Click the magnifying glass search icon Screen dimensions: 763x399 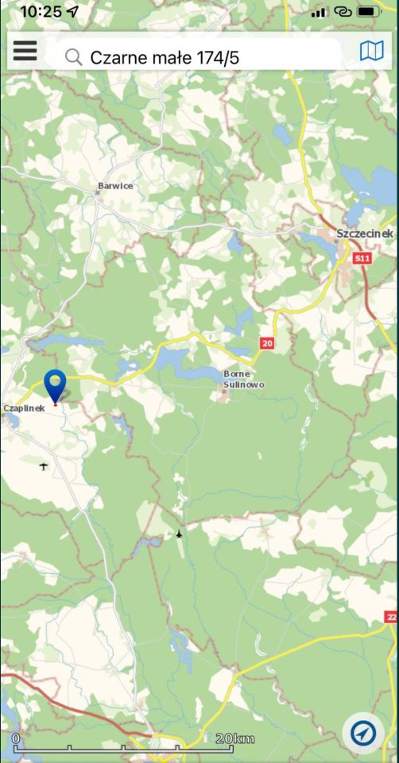tap(73, 57)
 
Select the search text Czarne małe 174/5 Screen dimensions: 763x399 tap(165, 57)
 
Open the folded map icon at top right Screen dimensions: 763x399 tap(371, 52)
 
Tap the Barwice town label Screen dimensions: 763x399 tap(115, 186)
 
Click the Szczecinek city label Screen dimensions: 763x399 tap(365, 234)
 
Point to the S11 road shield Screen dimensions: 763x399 tap(362, 258)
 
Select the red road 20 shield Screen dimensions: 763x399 tap(266, 343)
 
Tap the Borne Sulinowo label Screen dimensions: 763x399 tap(243, 379)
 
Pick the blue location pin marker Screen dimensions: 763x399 tap(55, 385)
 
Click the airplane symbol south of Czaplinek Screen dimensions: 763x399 tap(43, 466)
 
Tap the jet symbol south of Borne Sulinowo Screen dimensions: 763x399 tap(179, 534)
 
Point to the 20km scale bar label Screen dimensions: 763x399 tap(235, 739)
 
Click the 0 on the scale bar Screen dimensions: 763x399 tap(16, 739)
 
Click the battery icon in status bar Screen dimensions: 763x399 tap(369, 12)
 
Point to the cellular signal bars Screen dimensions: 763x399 tap(319, 12)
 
